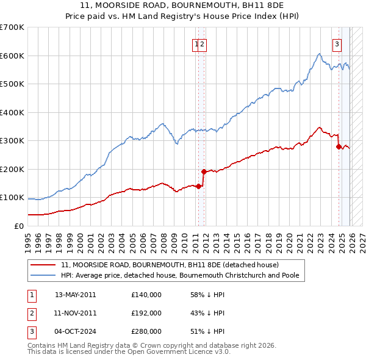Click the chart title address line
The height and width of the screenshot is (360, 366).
tap(182, 7)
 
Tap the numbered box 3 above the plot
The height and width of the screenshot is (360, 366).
tap(336, 43)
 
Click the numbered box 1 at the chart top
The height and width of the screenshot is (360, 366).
tap(196, 43)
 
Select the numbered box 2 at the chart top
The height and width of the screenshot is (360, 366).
tap(202, 43)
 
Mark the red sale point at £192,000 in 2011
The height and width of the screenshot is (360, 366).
tap(204, 171)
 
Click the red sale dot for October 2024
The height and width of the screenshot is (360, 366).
tap(338, 146)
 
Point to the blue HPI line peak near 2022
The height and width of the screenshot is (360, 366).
tap(320, 54)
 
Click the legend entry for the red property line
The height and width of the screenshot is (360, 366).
tap(170, 265)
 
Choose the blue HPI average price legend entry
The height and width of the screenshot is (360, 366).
tap(180, 275)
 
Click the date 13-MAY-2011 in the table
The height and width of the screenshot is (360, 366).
tap(75, 294)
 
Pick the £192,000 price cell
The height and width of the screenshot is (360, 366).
tap(146, 313)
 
